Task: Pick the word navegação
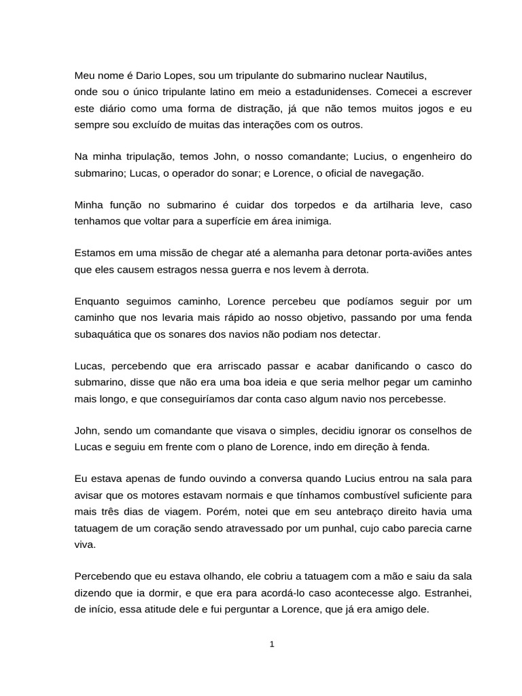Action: point(395,173)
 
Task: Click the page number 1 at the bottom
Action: point(272,645)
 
